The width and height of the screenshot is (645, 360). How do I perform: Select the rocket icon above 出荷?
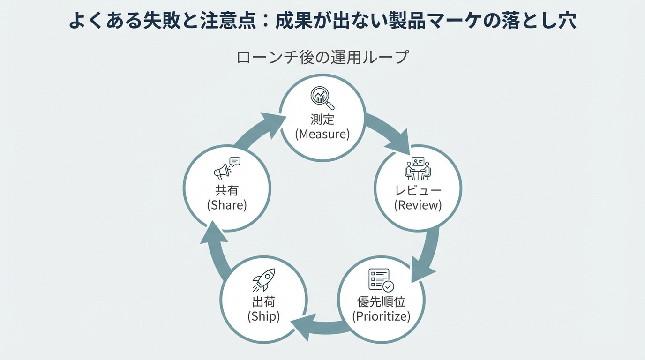264,280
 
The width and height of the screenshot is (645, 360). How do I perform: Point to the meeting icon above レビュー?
418,169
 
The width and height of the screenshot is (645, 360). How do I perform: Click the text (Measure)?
322,135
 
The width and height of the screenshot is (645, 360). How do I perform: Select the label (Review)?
418,205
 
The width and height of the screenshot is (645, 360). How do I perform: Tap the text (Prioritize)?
381,316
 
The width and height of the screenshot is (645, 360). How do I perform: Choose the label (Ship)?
264,316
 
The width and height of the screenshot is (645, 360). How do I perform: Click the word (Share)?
227,205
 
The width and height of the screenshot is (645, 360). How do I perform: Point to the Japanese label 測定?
322,119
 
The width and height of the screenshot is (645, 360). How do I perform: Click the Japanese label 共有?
227,190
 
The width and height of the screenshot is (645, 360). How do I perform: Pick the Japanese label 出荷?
264,301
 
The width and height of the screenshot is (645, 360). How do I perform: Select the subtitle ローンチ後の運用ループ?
322,58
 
